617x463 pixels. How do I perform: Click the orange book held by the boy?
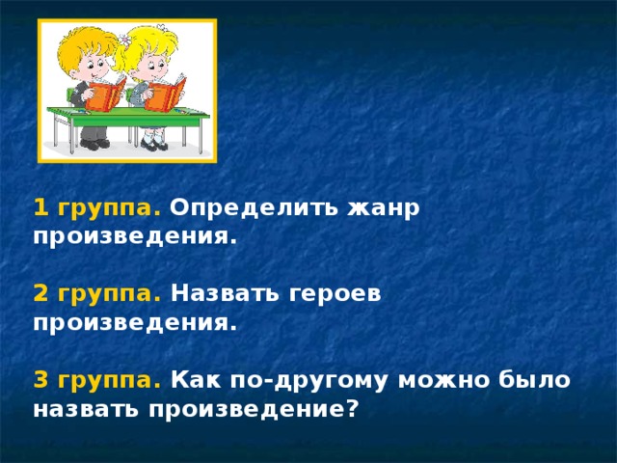(x=106, y=94)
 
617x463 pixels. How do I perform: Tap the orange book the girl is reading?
(x=167, y=95)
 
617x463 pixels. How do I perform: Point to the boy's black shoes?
(x=95, y=144)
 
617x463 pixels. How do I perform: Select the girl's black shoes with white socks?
(x=153, y=144)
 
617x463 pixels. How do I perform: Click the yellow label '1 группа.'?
(x=97, y=208)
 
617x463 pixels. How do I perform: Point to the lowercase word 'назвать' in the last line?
(x=87, y=409)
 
